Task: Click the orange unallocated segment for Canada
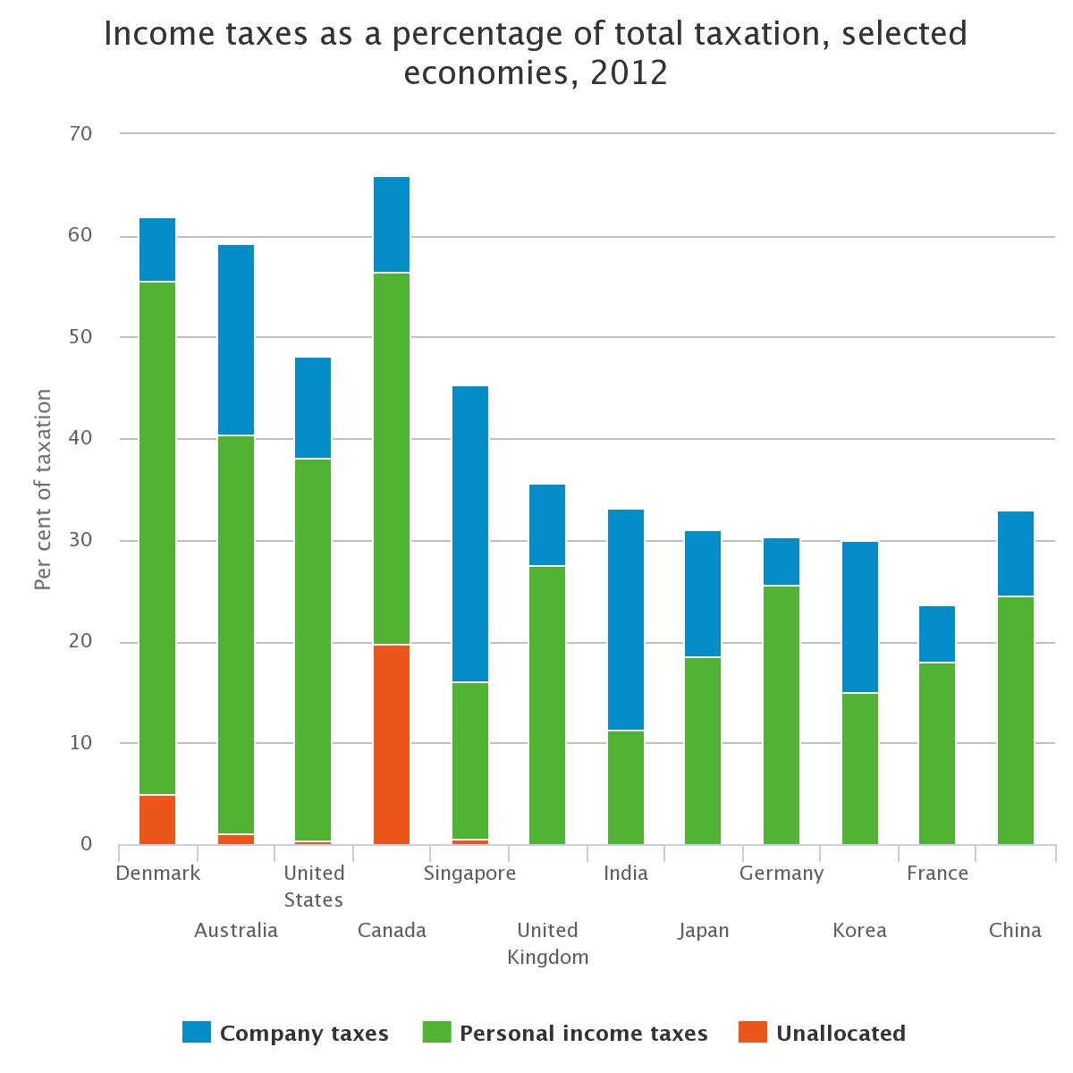[392, 744]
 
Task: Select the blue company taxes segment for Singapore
[470, 534]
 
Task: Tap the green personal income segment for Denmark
[157, 538]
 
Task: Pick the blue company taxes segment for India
[626, 620]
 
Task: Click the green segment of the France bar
[937, 753]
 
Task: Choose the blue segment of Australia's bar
[236, 340]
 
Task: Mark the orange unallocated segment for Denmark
[157, 819]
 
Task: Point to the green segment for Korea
[860, 768]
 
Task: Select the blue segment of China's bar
[1016, 553]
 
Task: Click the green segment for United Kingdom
[547, 705]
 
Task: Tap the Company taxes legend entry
[286, 1033]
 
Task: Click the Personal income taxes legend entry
[566, 1033]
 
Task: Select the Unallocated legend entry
[823, 1033]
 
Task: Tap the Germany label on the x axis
[782, 874]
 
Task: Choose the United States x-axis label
[313, 886]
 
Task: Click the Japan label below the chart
[704, 930]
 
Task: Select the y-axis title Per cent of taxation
[42, 489]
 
